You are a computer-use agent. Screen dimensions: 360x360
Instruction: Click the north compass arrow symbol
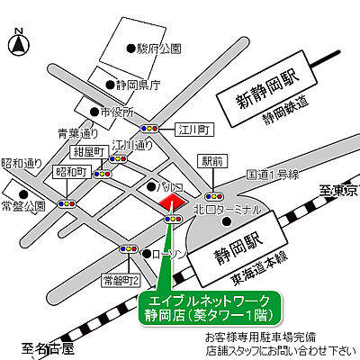pos(18,40)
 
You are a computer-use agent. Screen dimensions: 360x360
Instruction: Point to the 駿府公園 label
pos(159,48)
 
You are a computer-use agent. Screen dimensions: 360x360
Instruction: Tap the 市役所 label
pos(116,112)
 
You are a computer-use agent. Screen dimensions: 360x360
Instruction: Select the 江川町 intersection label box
pos(193,129)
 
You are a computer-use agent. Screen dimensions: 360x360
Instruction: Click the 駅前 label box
pos(213,162)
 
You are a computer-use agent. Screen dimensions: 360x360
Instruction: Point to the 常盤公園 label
pos(22,206)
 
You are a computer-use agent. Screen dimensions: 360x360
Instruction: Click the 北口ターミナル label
pos(227,210)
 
